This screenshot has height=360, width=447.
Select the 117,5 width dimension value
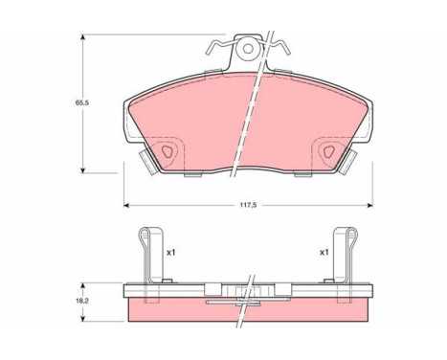[250, 214]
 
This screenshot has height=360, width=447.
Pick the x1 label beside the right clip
[325, 253]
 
